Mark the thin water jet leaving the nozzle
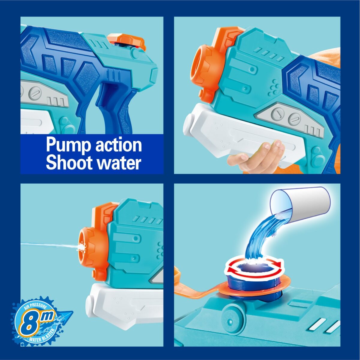(48, 244)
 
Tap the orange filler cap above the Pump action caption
(126, 40)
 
